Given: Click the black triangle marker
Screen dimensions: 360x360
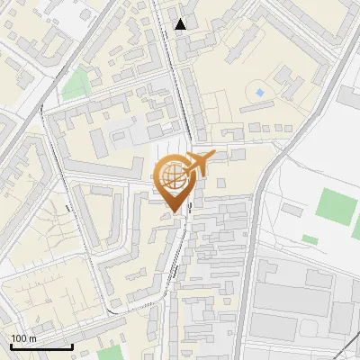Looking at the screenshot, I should [x=181, y=24].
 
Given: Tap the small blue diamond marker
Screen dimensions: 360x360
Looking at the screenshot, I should [x=260, y=93].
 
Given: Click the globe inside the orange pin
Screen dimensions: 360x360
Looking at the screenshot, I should [x=171, y=175].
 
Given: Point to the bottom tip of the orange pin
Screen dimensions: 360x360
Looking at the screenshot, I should [x=174, y=212].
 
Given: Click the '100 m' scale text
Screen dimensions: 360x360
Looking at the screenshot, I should [x=24, y=338].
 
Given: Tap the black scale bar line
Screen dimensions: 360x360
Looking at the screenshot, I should [x=40, y=346].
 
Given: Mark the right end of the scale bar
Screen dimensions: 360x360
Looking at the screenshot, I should [x=72, y=346].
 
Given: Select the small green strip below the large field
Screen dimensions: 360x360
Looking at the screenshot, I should [x=310, y=239].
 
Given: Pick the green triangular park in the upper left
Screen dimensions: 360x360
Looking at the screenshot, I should [x=76, y=85].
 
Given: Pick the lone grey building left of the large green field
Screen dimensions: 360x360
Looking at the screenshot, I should [x=292, y=209].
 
